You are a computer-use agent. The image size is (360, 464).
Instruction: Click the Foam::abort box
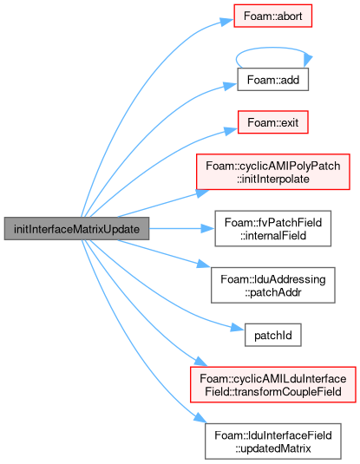(x=272, y=16)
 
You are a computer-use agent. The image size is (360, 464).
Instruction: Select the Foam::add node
(x=272, y=79)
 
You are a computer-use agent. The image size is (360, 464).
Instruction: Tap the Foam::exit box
(x=272, y=122)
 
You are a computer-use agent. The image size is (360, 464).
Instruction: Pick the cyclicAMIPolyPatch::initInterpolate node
(x=272, y=172)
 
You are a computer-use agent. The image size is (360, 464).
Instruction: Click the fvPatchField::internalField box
(x=272, y=228)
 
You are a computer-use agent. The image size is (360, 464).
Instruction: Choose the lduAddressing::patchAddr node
(x=272, y=285)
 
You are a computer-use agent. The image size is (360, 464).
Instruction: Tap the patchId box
(x=272, y=335)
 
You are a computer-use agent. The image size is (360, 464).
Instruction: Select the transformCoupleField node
(x=272, y=385)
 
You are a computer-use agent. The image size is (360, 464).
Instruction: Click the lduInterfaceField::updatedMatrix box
(x=272, y=441)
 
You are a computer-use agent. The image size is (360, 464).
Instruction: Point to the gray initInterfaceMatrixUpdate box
(x=76, y=228)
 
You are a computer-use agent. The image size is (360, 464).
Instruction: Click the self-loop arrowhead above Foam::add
(x=308, y=61)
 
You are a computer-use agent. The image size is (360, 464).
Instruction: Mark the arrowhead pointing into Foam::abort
(x=226, y=22)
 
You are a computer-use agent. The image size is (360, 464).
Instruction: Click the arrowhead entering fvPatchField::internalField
(x=208, y=228)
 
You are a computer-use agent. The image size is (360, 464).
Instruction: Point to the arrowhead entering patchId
(x=238, y=328)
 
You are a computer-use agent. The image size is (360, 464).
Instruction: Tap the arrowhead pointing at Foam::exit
(x=231, y=130)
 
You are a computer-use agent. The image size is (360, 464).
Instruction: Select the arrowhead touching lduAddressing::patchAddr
(x=204, y=264)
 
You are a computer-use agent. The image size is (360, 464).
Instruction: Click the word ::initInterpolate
(x=272, y=179)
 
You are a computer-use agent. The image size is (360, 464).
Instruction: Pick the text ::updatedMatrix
(x=272, y=448)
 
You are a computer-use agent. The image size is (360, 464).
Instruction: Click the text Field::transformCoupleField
(x=272, y=392)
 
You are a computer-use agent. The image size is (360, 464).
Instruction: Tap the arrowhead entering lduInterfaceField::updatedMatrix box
(x=200, y=418)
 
